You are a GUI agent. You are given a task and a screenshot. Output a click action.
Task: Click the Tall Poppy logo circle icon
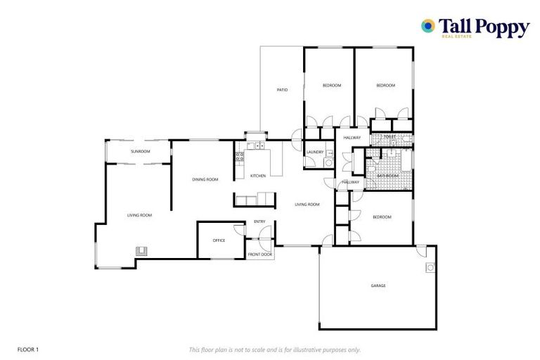(x=427, y=26)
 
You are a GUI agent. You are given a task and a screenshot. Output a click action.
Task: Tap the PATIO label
(x=282, y=90)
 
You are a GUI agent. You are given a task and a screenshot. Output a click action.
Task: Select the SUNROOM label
(x=141, y=151)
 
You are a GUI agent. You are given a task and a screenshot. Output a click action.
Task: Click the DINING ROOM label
(x=205, y=180)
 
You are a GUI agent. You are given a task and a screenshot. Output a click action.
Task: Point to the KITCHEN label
(x=258, y=175)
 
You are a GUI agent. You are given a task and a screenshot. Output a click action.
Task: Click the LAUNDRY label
(x=315, y=152)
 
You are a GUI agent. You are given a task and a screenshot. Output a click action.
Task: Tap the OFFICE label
(x=219, y=240)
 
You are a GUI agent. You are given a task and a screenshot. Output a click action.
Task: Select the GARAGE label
(x=379, y=286)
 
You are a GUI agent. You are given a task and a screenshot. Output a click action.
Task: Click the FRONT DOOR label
(x=259, y=254)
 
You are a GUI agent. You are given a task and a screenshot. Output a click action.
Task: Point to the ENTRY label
(x=259, y=222)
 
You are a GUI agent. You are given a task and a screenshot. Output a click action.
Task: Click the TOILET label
(x=390, y=136)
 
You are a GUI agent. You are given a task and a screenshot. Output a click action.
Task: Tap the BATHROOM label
(x=387, y=176)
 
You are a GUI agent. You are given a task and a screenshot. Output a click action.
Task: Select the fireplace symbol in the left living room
(x=141, y=250)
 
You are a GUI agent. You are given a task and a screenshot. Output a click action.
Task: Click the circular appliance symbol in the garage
(x=430, y=267)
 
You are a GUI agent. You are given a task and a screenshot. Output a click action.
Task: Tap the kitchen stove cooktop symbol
(x=239, y=158)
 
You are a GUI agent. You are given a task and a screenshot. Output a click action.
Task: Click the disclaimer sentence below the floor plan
(x=274, y=349)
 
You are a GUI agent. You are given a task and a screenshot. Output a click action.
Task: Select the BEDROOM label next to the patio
(x=332, y=86)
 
